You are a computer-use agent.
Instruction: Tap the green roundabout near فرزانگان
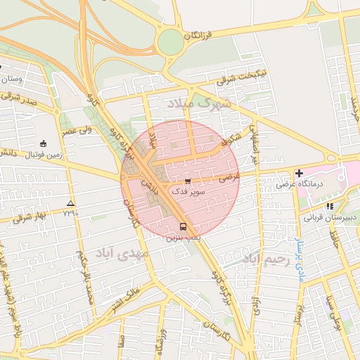(x=170, y=42)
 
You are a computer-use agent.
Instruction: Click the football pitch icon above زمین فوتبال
(x=44, y=143)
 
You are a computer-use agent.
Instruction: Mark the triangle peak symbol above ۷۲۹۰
(x=70, y=203)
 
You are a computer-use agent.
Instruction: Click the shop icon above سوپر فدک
(x=186, y=181)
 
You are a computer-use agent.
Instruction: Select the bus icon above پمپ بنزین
(x=184, y=226)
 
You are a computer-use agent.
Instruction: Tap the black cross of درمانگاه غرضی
(x=299, y=173)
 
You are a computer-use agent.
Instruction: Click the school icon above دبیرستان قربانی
(x=330, y=206)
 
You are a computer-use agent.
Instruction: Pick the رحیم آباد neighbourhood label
(x=266, y=260)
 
